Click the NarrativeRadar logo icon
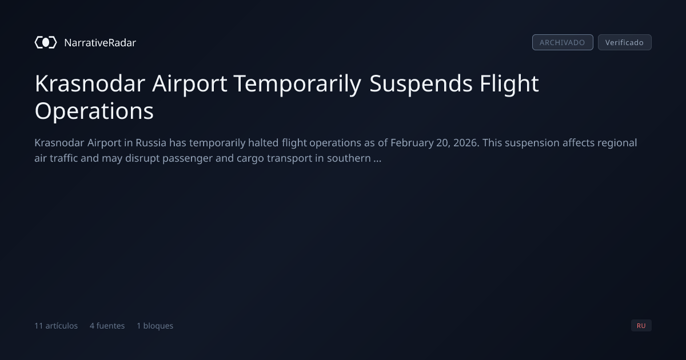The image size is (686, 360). (46, 42)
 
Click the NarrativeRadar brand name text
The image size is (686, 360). (100, 43)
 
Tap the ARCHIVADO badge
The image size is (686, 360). (563, 42)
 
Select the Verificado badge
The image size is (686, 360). (624, 42)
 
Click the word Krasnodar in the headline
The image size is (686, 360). (90, 83)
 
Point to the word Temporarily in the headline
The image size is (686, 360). (298, 84)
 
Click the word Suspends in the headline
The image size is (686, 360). (421, 84)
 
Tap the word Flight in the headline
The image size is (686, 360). (509, 83)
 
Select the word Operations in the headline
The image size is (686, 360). (94, 111)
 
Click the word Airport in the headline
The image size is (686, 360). (190, 84)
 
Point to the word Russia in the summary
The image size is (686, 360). (151, 143)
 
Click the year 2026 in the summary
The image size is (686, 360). (465, 143)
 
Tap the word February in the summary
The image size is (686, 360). (412, 143)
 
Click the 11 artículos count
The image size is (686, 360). (56, 326)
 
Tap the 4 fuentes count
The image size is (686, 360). (107, 326)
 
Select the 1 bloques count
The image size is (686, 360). (155, 326)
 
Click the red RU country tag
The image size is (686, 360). (641, 325)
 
